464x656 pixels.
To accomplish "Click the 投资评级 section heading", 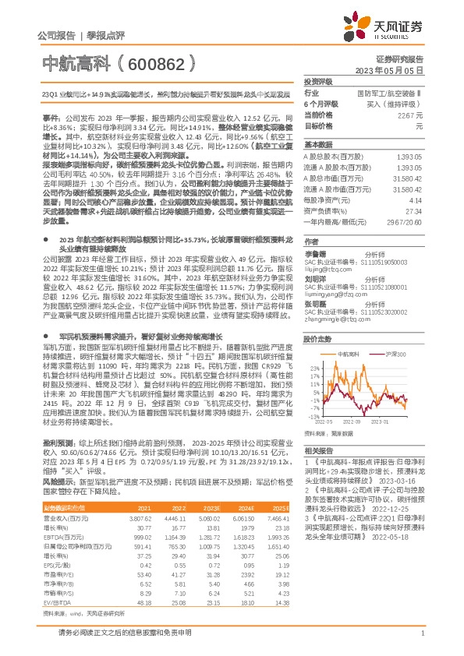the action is (x=318, y=81).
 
